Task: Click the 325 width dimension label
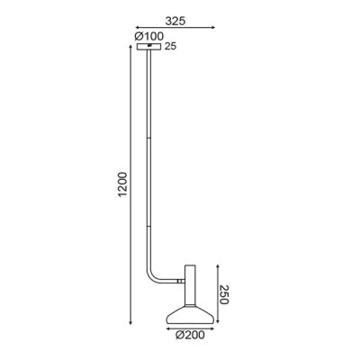point(175,21)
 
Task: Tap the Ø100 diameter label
point(149,36)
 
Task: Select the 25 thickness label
point(170,47)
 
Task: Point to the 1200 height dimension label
point(122,184)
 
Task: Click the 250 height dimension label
point(224,294)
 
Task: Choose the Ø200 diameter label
point(190,335)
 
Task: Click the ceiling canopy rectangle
point(148,47)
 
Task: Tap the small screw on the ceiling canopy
point(149,46)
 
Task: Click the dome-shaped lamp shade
point(190,315)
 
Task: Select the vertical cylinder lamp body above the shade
point(190,285)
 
